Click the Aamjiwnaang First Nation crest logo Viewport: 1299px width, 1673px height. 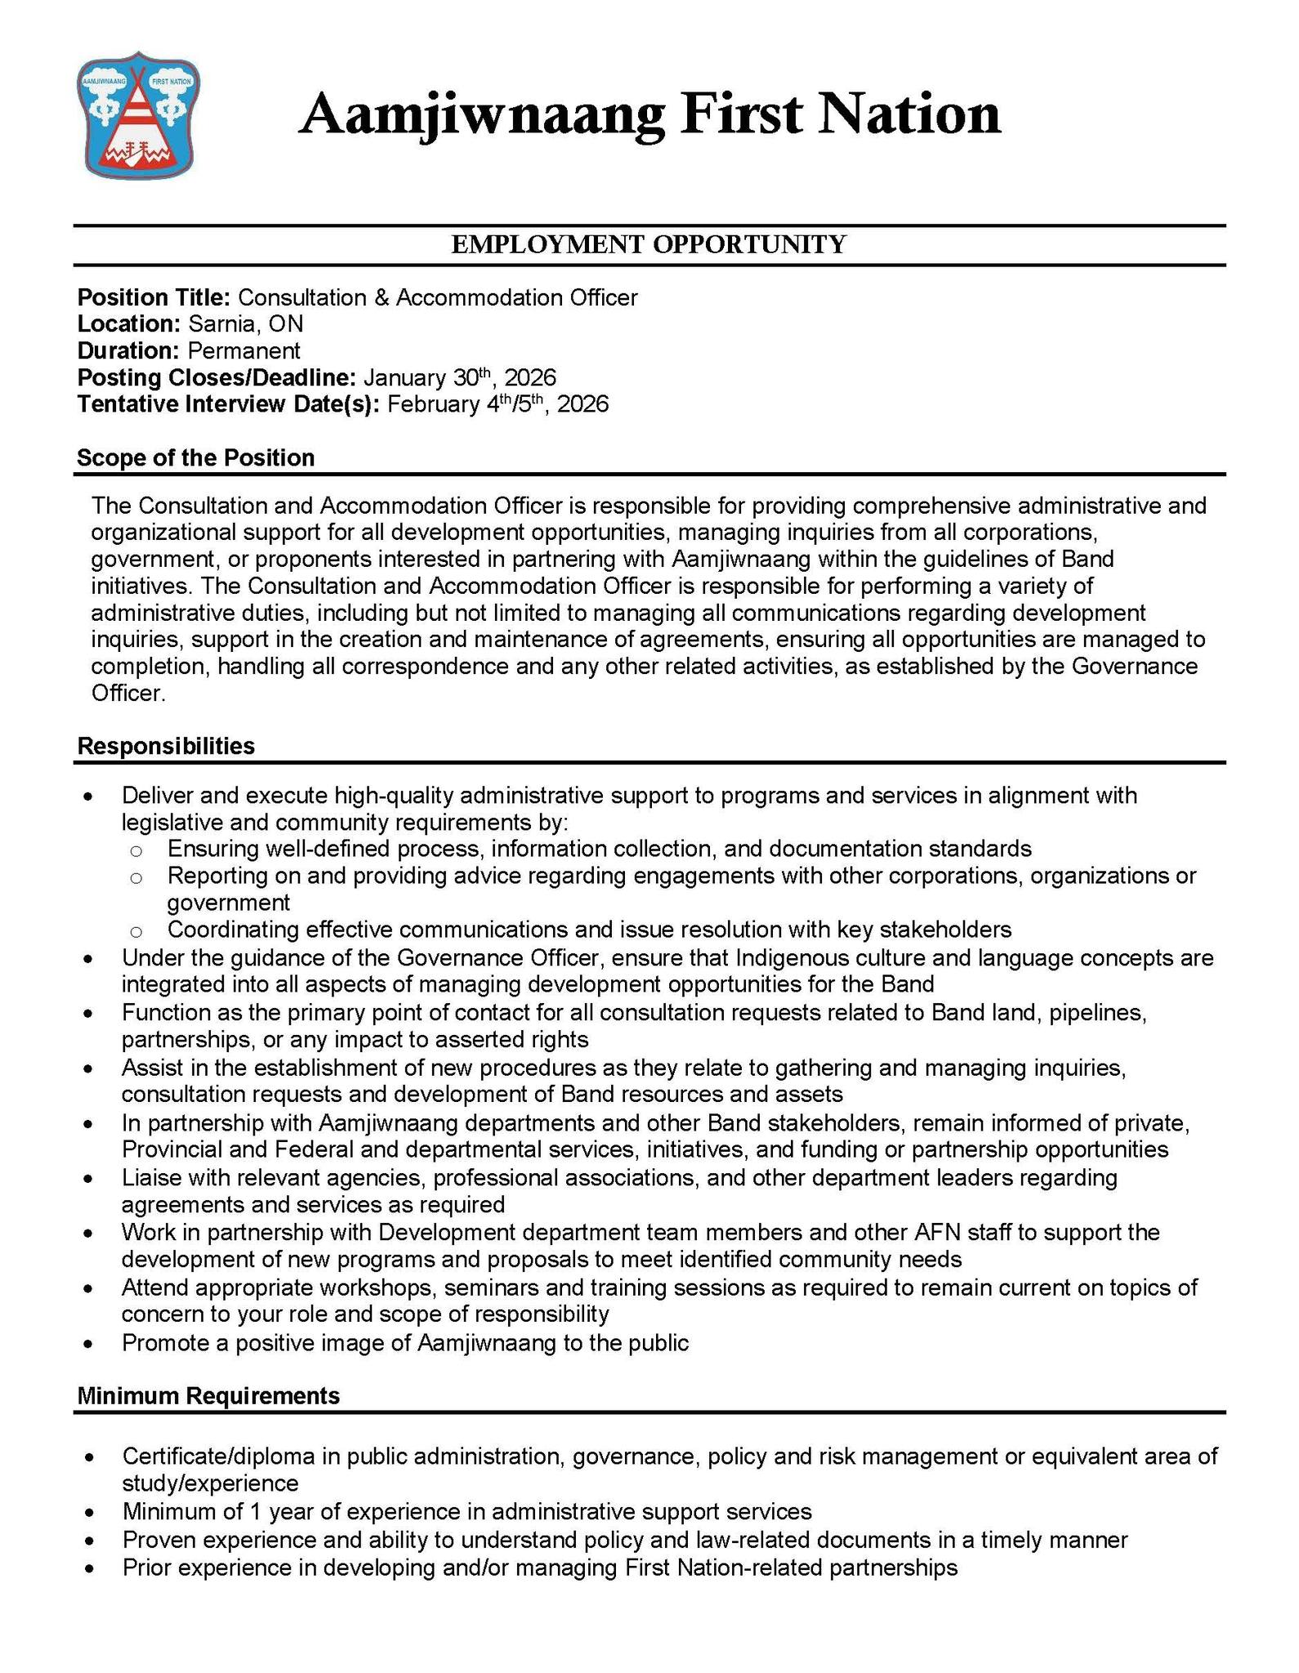tap(139, 120)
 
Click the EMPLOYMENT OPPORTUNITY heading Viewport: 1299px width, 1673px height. tap(649, 244)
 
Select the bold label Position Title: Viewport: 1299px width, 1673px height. tap(154, 297)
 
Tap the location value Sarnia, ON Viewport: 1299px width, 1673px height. tap(245, 324)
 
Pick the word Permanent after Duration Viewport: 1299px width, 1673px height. tap(243, 351)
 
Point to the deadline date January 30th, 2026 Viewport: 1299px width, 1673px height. tap(459, 377)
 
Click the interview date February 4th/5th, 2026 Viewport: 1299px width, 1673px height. tap(498, 404)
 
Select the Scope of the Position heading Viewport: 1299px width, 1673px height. tap(195, 457)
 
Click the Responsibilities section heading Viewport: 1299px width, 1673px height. tap(166, 746)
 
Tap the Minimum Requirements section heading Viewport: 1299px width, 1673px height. tap(208, 1396)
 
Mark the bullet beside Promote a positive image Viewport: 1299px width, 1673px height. tap(88, 1344)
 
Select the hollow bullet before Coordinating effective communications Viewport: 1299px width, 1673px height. tap(136, 930)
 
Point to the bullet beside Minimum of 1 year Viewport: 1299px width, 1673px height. tap(88, 1512)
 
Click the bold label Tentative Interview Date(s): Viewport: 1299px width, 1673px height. tap(228, 404)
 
